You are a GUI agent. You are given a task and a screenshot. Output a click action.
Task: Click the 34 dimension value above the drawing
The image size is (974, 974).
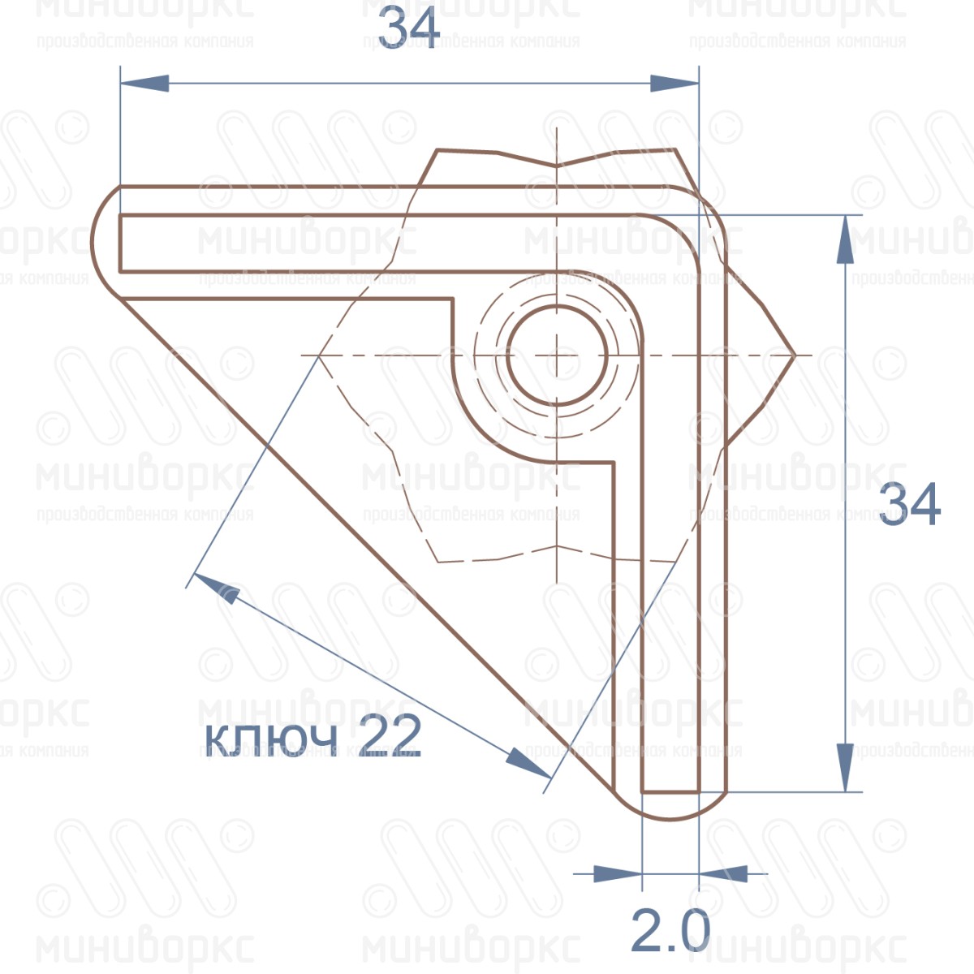click(x=409, y=30)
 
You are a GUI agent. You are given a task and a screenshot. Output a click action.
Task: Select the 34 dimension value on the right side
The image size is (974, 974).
click(x=910, y=504)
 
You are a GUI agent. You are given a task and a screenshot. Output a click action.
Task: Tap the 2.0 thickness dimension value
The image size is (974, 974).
click(x=670, y=931)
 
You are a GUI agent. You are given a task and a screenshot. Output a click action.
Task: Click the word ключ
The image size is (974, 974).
click(x=270, y=738)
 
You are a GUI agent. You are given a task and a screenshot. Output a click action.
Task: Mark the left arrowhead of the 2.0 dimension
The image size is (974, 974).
click(x=618, y=874)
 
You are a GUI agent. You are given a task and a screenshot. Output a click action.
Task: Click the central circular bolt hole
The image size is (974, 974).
click(x=557, y=356)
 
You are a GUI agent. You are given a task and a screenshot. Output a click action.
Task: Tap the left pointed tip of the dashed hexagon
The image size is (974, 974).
click(x=319, y=356)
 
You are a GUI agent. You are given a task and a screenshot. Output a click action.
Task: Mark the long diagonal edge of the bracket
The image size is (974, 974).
click(x=365, y=544)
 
